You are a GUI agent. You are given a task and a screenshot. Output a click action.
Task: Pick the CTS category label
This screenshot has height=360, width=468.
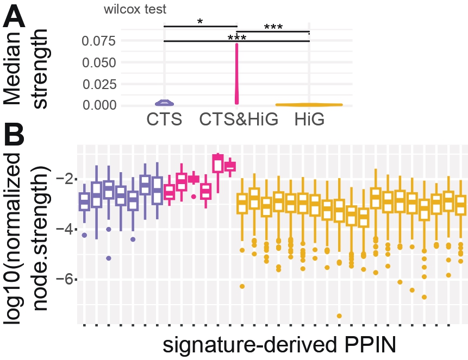165,119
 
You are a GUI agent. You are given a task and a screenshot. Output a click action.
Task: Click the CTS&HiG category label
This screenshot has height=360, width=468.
238,119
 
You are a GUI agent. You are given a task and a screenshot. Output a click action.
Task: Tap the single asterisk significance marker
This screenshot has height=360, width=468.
200,22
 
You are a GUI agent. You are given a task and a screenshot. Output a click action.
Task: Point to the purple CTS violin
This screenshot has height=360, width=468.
165,103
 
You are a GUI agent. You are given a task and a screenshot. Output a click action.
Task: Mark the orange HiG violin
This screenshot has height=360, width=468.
309,104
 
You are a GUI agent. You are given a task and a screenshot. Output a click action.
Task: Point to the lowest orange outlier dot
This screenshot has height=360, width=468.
339,315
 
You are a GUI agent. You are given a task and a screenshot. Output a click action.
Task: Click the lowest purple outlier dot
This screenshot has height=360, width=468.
109,258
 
